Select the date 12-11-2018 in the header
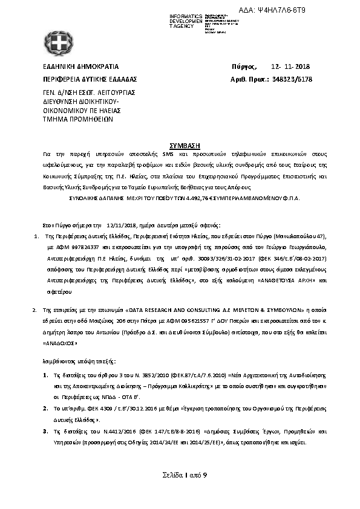[x=290, y=66]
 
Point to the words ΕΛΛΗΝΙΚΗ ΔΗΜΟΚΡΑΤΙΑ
[x=80, y=66]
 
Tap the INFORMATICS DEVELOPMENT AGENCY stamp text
[x=186, y=21]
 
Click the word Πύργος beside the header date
[x=244, y=66]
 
